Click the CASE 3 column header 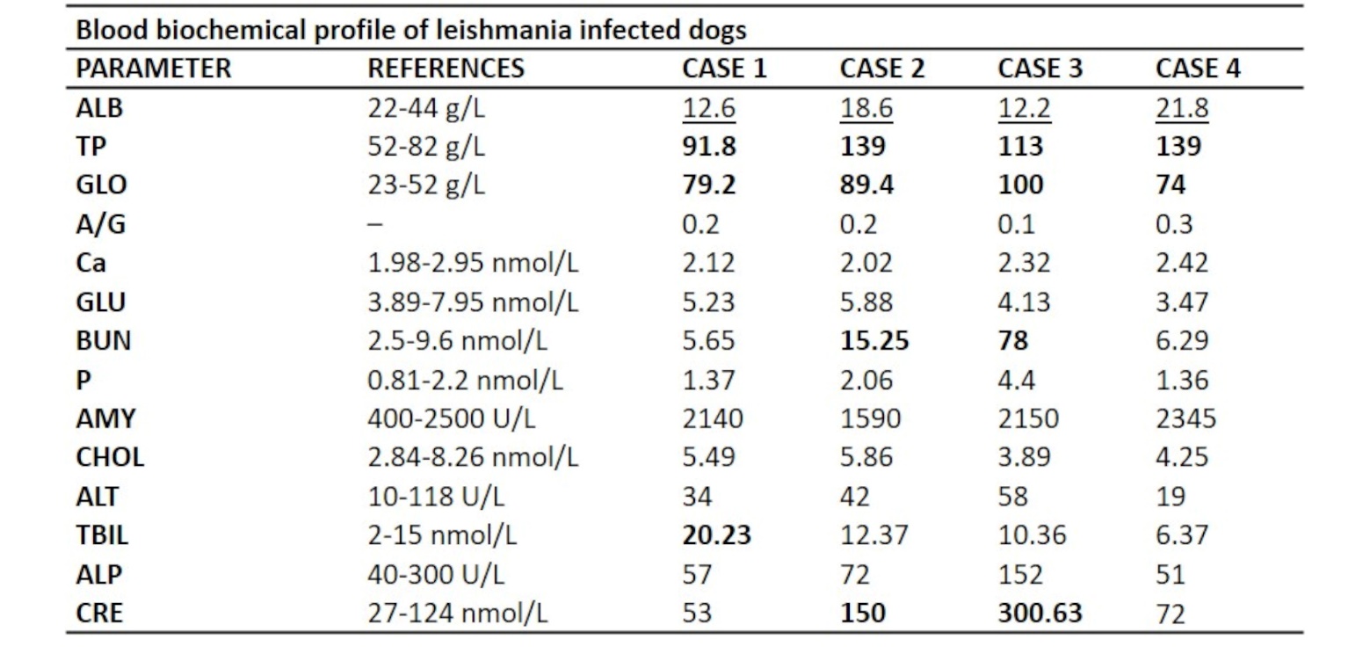(1040, 69)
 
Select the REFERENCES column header (446, 69)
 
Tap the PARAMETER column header (154, 69)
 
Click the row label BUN (103, 340)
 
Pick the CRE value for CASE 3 (1040, 613)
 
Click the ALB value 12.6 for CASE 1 (708, 108)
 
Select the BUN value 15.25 (874, 340)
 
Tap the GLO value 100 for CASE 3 (1021, 185)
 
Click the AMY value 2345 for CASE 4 (1186, 418)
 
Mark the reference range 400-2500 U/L (452, 418)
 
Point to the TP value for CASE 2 (863, 147)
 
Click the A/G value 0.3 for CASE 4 (1174, 224)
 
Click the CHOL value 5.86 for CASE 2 (866, 456)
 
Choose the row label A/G (101, 224)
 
